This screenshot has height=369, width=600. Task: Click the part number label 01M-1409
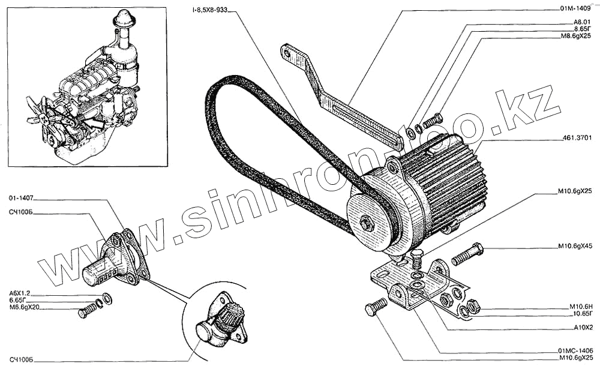coord(575,9)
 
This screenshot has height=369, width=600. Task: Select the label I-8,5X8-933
coord(209,9)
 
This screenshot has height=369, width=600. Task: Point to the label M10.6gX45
coord(574,247)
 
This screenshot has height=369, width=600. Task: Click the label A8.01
coord(583,22)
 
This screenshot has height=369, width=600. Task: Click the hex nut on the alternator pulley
coord(365,223)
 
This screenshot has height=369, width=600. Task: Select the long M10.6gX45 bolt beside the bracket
coord(467,254)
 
